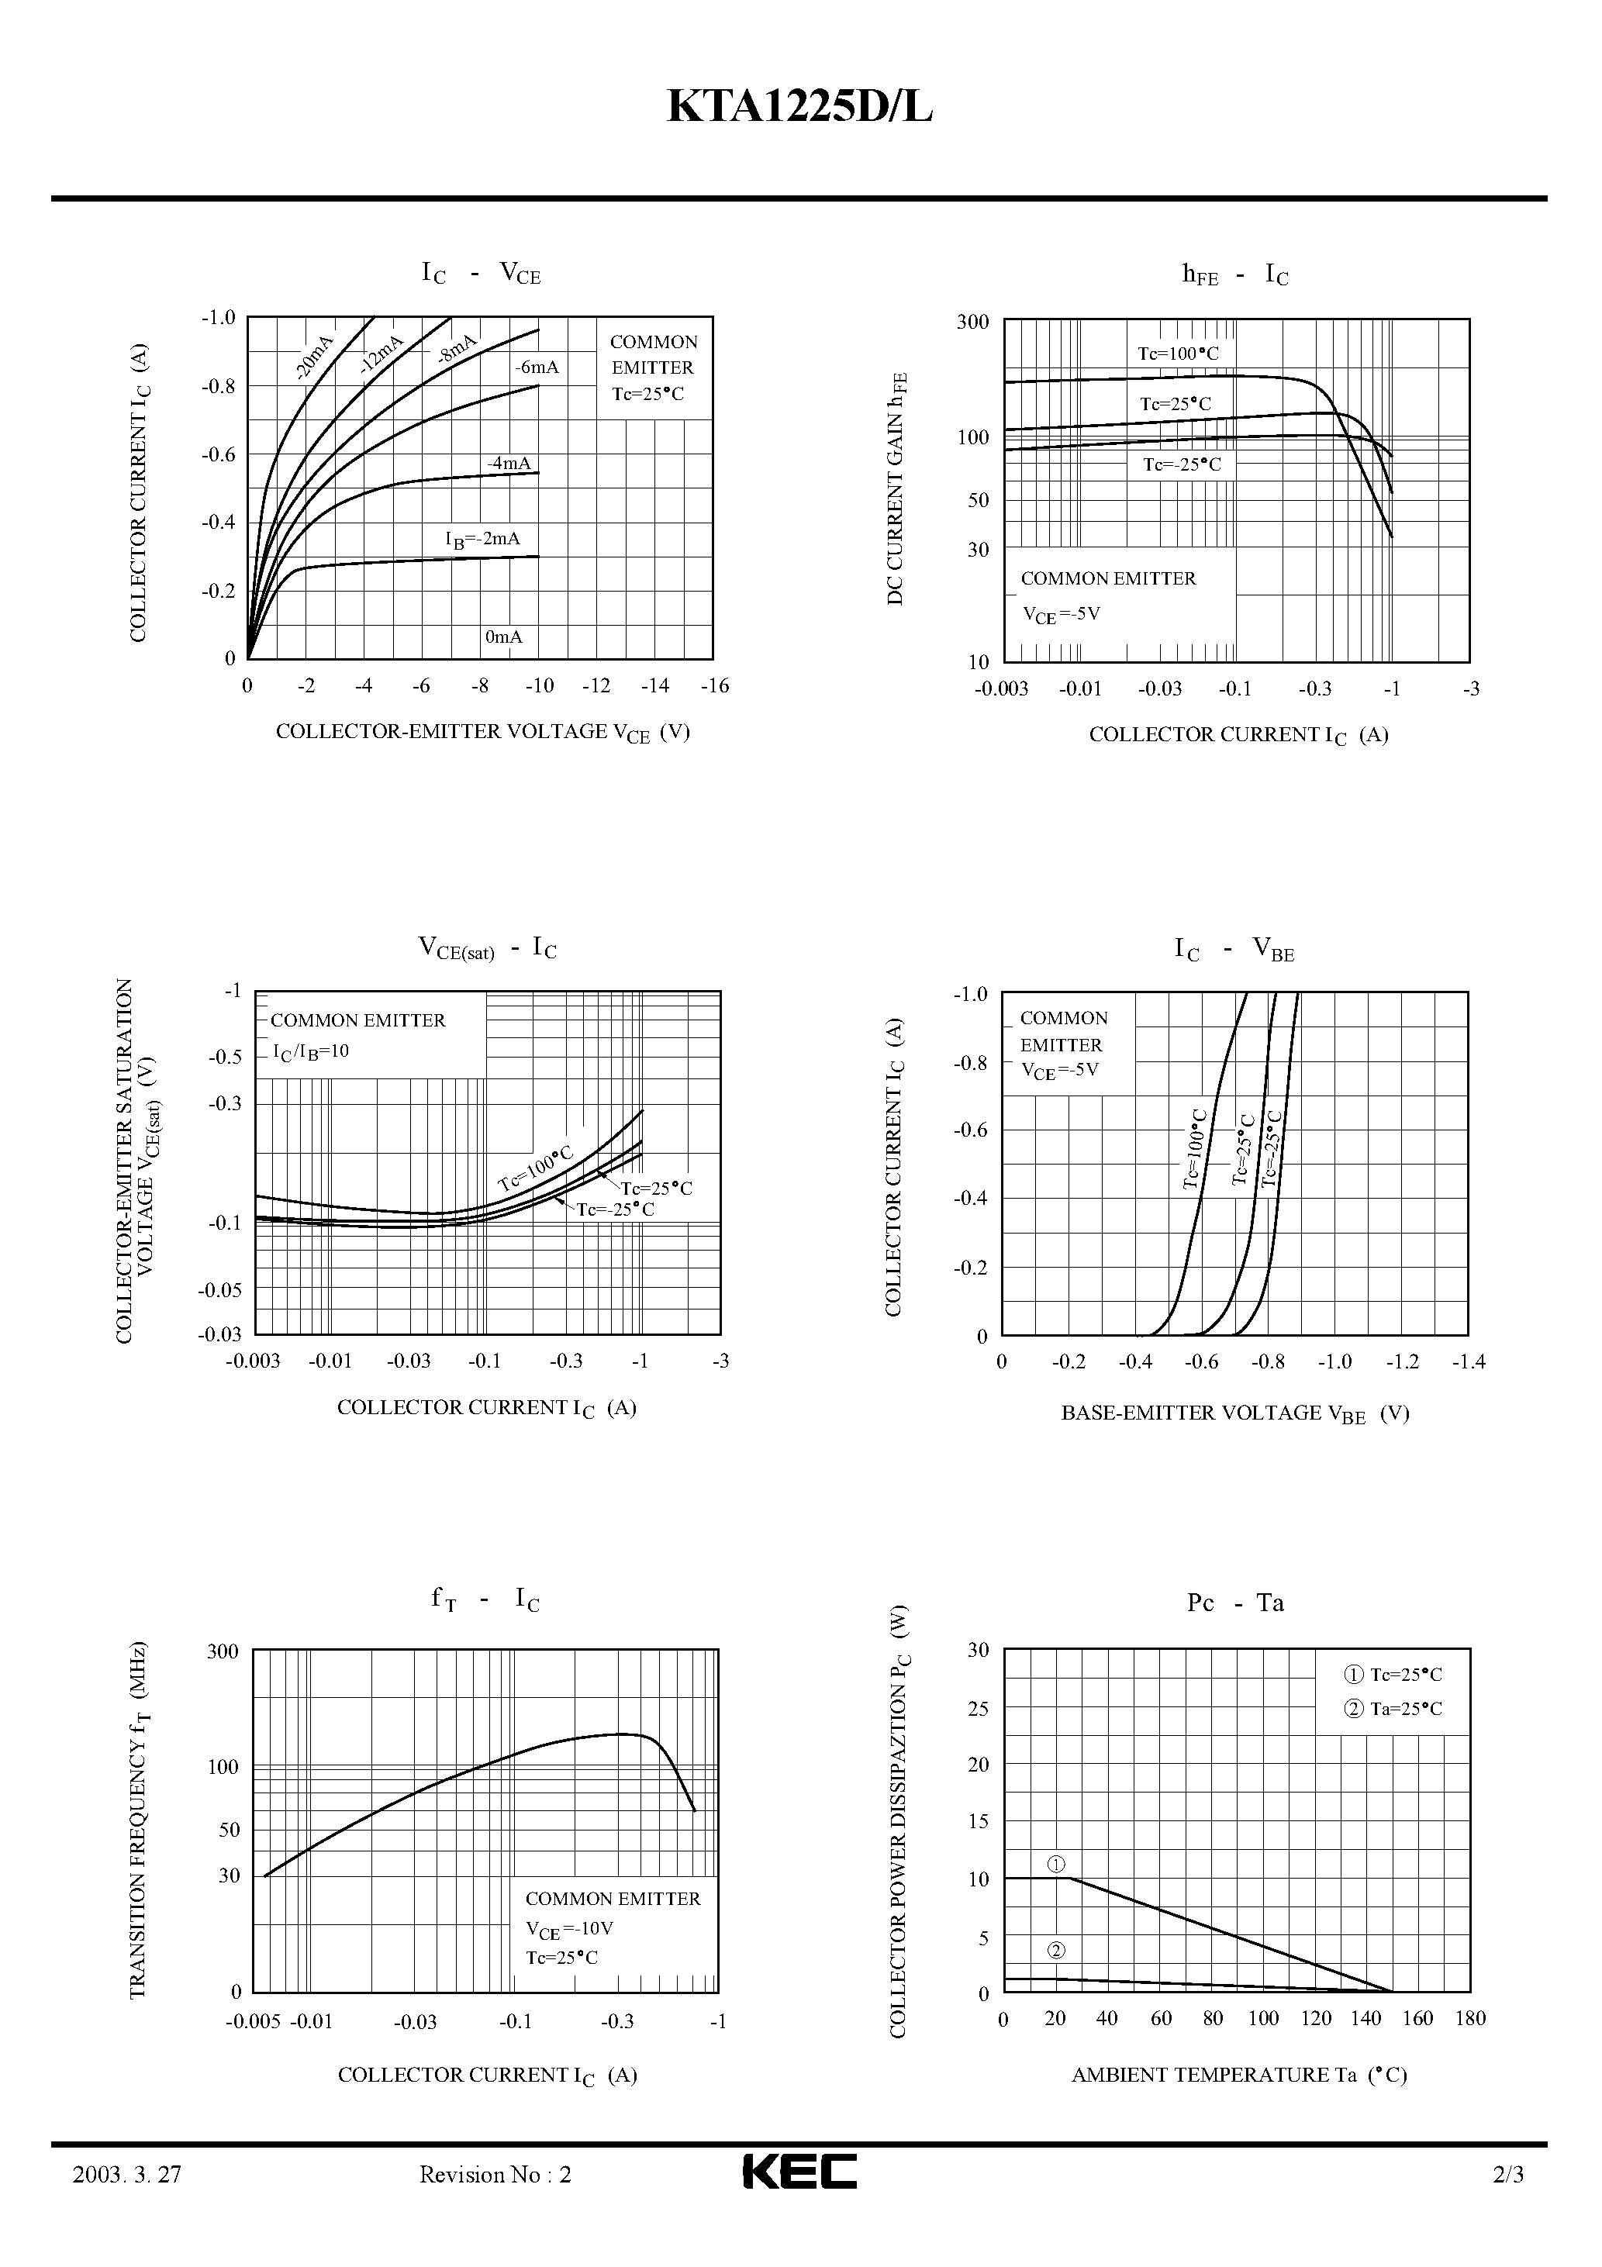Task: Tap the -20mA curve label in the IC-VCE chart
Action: [315, 357]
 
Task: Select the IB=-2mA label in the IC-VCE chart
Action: [482, 539]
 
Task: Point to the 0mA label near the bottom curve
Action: [504, 637]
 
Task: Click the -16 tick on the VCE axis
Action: [714, 685]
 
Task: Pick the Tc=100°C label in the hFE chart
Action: [1177, 354]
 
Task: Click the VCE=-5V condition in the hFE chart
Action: [1061, 614]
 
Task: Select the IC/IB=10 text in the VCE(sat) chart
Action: [310, 1051]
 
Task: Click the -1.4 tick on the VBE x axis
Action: [1469, 1361]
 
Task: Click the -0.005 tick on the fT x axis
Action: [253, 2021]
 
